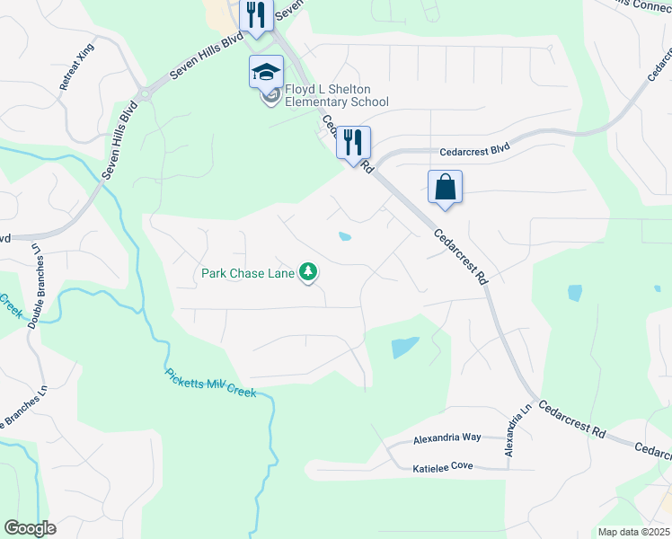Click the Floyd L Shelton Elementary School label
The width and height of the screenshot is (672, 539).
(x=337, y=95)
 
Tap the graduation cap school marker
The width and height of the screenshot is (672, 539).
(x=267, y=72)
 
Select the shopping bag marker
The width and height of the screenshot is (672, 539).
(x=445, y=188)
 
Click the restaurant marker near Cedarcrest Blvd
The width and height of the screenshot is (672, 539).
(x=353, y=142)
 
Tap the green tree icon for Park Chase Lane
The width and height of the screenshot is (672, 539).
(x=309, y=271)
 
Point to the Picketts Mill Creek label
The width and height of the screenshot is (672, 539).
(x=211, y=383)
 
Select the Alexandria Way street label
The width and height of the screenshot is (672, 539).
(x=447, y=438)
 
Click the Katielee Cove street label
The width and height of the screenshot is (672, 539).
(x=442, y=468)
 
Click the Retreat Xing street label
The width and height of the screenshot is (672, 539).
(x=76, y=67)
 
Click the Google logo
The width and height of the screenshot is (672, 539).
(x=30, y=528)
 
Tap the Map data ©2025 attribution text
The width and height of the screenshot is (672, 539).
(x=633, y=532)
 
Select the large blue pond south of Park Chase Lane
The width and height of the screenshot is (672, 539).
(x=404, y=347)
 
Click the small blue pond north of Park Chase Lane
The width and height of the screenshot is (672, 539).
(x=344, y=237)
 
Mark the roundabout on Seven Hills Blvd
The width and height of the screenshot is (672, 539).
(x=143, y=93)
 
